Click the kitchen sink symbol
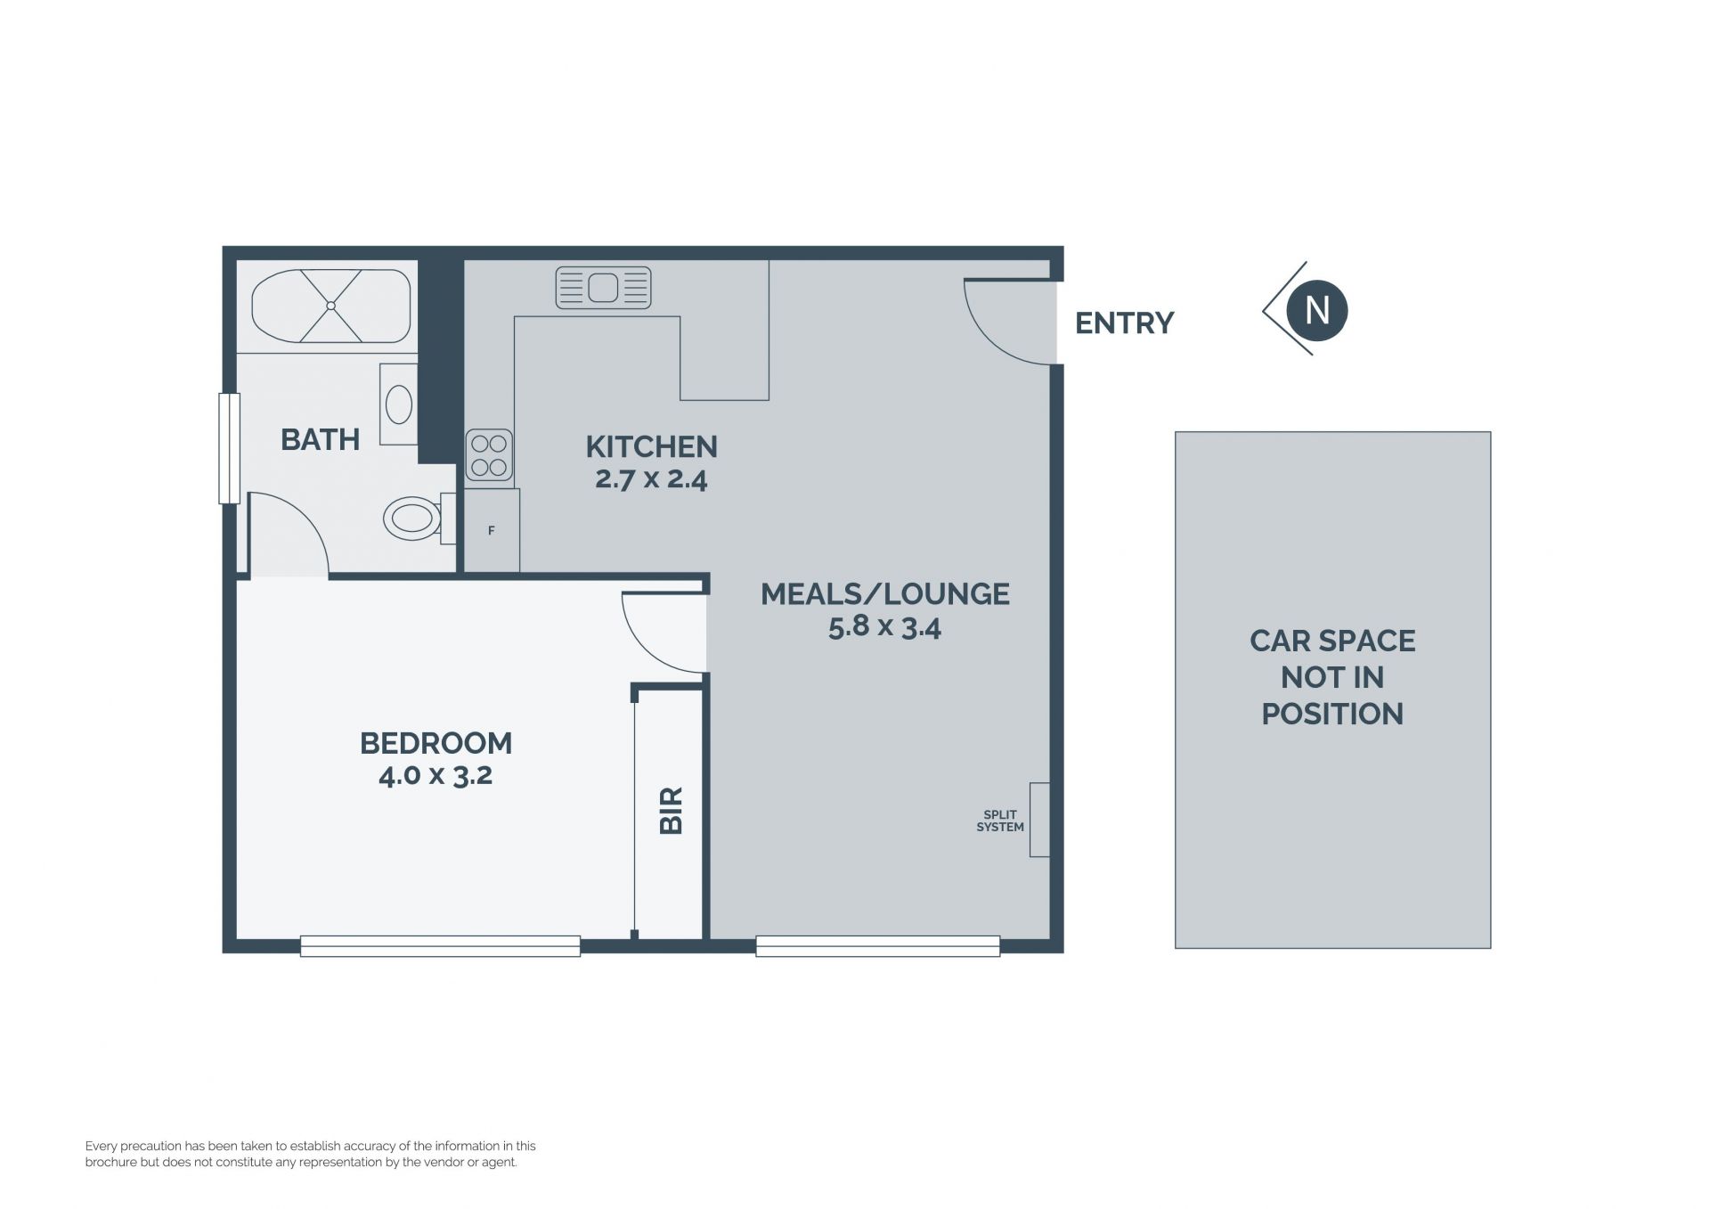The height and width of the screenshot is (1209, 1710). [603, 288]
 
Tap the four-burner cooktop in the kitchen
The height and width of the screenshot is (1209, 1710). [489, 454]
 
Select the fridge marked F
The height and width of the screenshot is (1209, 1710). [492, 530]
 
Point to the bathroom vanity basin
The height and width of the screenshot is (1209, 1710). [398, 404]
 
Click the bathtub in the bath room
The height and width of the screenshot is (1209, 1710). [330, 306]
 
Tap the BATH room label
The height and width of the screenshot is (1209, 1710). [320, 439]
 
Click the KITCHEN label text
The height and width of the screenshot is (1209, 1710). [651, 446]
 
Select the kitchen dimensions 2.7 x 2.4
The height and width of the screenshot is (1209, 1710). [651, 479]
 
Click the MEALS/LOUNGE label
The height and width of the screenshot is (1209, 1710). [885, 594]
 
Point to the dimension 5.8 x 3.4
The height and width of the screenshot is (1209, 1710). [884, 627]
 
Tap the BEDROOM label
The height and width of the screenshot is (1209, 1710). [436, 743]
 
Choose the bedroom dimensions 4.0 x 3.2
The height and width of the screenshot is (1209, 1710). [436, 775]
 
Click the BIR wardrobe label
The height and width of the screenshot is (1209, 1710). [671, 810]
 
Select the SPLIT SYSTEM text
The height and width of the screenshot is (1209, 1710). [1000, 821]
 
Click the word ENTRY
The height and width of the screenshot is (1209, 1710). [1125, 323]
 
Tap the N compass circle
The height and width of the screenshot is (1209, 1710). [1317, 310]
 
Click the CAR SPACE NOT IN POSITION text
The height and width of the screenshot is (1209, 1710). [1332, 677]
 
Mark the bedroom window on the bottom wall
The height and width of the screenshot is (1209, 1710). [440, 946]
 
